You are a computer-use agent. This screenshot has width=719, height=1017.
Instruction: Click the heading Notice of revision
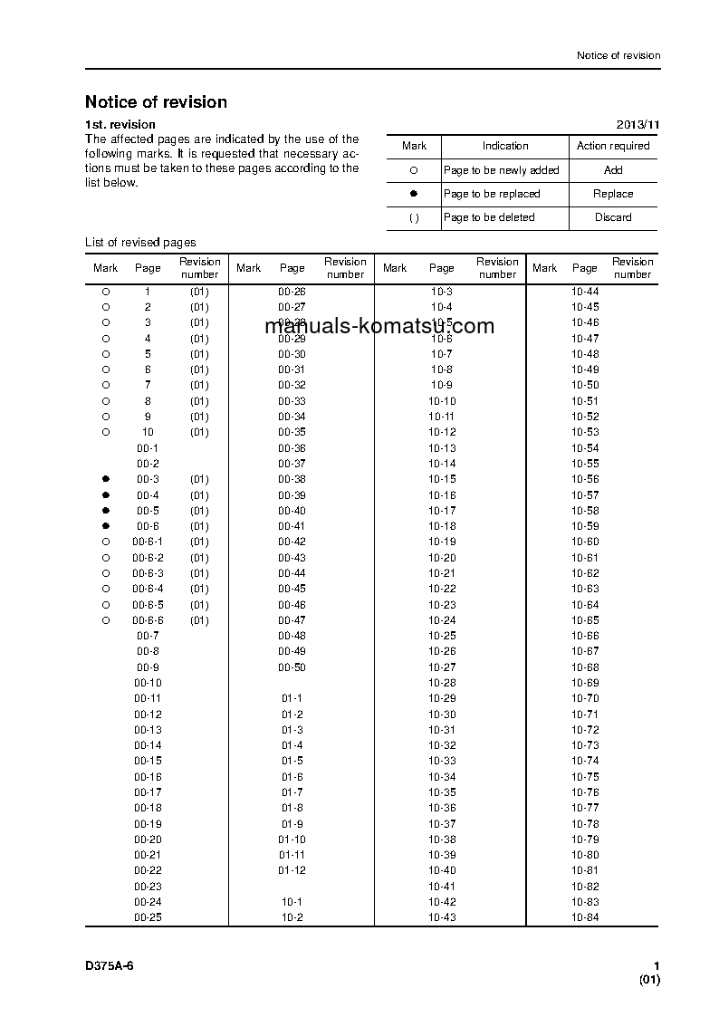point(156,102)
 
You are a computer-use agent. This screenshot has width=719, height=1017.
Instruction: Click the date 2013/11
point(638,124)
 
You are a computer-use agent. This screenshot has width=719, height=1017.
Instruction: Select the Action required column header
point(613,146)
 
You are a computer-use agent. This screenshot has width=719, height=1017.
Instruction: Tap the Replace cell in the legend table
point(613,194)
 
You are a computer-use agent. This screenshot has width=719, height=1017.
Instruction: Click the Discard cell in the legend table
point(613,217)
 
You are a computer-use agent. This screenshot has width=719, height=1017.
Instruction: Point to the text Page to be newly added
point(501,170)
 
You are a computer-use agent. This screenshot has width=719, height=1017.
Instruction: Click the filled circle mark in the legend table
point(414,194)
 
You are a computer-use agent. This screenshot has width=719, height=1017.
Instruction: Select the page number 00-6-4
point(148,589)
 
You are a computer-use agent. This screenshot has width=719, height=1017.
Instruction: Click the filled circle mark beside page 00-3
point(105,479)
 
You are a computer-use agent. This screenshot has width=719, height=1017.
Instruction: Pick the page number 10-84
point(585,917)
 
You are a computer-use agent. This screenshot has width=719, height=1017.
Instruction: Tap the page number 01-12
point(292,870)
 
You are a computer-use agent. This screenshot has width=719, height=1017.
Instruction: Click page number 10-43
point(442,917)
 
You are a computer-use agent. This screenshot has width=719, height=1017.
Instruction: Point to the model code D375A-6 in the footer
point(110,966)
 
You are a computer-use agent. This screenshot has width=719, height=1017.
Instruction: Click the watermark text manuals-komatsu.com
point(380,326)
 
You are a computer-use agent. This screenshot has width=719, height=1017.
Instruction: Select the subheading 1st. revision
point(120,124)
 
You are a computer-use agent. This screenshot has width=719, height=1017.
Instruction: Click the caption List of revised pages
point(140,242)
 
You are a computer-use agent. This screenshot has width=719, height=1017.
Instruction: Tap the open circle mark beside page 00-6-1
point(105,542)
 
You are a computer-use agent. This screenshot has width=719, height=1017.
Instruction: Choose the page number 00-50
point(292,667)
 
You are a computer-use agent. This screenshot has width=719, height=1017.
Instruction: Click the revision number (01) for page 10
point(199,432)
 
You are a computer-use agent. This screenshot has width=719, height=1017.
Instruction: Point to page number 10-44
point(585,292)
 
